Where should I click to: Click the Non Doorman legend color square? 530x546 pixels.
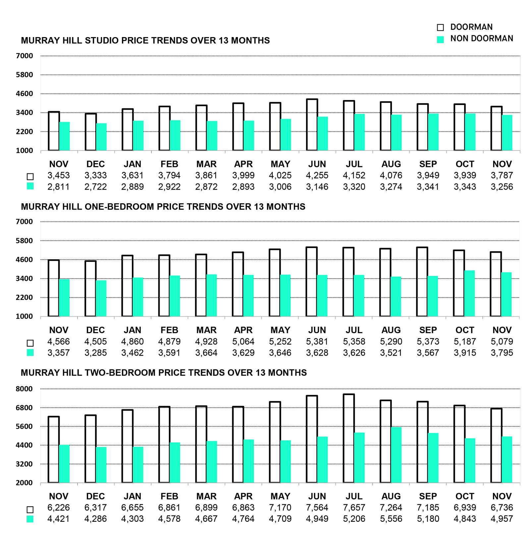(440, 39)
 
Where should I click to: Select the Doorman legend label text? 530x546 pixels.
(471, 27)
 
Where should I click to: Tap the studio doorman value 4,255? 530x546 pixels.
(317, 175)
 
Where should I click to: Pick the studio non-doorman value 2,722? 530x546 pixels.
(95, 187)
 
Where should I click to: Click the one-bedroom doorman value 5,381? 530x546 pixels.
(317, 341)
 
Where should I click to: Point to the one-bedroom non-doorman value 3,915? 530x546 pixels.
(465, 353)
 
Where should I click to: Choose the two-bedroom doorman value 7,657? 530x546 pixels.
(354, 508)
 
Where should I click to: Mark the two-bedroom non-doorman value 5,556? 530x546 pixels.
(391, 519)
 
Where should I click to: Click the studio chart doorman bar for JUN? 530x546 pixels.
(312, 125)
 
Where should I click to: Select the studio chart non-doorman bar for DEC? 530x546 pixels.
(101, 137)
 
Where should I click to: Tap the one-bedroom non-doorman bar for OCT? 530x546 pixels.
(469, 293)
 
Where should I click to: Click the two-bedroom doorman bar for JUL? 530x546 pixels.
(349, 438)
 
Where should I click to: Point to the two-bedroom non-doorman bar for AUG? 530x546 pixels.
(396, 455)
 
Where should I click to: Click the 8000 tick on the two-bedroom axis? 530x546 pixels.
(24, 389)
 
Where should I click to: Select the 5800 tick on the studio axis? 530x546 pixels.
(24, 75)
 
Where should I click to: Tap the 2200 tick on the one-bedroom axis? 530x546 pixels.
(24, 297)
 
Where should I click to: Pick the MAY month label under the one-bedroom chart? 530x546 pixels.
(280, 330)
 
